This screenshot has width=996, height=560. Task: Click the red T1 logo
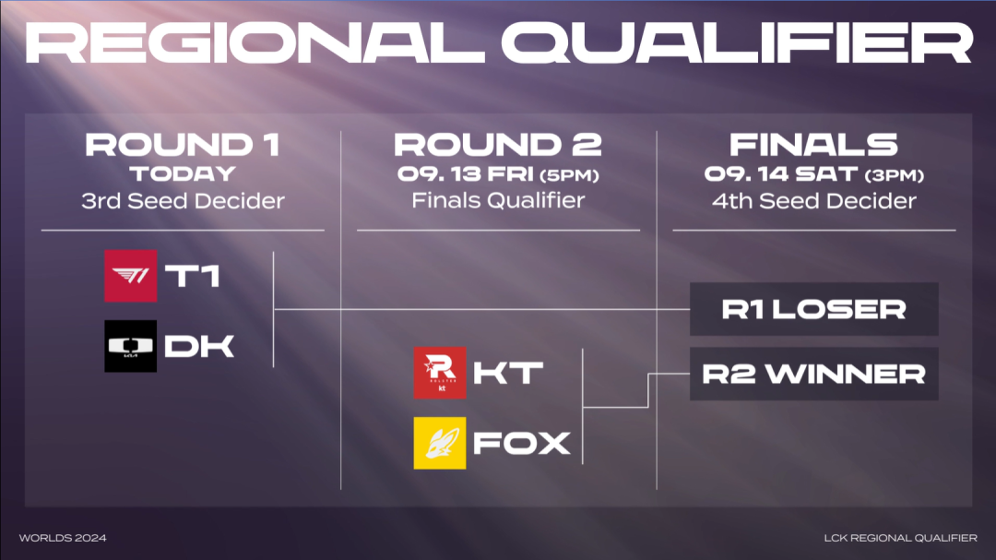click(x=130, y=276)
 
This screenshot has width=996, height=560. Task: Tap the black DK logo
click(x=130, y=346)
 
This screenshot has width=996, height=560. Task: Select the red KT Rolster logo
click(x=440, y=373)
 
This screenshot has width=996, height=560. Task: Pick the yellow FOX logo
click(x=440, y=443)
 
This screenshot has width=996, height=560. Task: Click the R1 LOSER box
click(x=813, y=309)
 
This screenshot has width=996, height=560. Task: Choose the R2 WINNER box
click(x=813, y=374)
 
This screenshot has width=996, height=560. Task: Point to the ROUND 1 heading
click(x=183, y=145)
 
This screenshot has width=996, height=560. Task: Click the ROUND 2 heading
click(x=498, y=145)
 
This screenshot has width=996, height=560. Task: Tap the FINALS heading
click(x=813, y=145)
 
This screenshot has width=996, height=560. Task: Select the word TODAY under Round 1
click(x=183, y=174)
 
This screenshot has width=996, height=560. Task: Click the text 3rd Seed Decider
click(x=183, y=201)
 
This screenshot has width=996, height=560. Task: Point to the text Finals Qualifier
click(x=498, y=200)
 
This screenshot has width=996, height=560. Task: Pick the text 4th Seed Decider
click(x=813, y=201)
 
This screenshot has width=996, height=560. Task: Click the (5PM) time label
click(x=569, y=175)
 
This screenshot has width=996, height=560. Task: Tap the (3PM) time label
click(x=894, y=175)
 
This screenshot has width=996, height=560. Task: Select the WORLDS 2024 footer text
click(x=63, y=538)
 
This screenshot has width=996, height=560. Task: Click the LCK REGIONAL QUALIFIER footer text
click(x=901, y=538)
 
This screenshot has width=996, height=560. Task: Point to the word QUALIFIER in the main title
click(x=737, y=43)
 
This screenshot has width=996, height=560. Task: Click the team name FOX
click(x=521, y=443)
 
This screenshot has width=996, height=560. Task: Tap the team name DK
click(x=199, y=346)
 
